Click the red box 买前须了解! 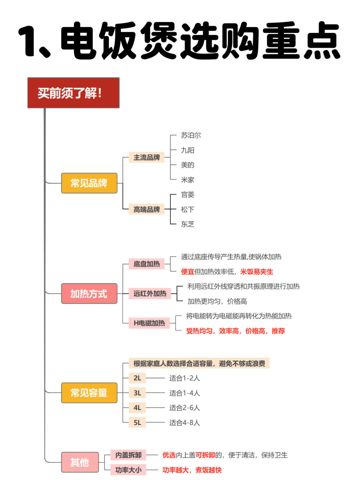[73, 93]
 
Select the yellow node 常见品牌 [89, 183]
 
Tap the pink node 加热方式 [89, 293]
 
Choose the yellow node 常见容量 [89, 393]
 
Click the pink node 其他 [80, 462]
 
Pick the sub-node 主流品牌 [146, 157]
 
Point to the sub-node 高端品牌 [146, 209]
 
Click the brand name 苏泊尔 [191, 135]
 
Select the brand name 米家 [188, 180]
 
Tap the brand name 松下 [188, 209]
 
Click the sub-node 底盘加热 [146, 264]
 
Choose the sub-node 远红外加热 [150, 293]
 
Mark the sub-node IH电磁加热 [149, 323]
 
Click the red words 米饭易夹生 [257, 272]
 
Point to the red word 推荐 [278, 331]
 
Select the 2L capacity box [137, 378]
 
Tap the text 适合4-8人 [184, 422]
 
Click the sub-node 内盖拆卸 [128, 455]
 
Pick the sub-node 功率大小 [128, 470]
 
